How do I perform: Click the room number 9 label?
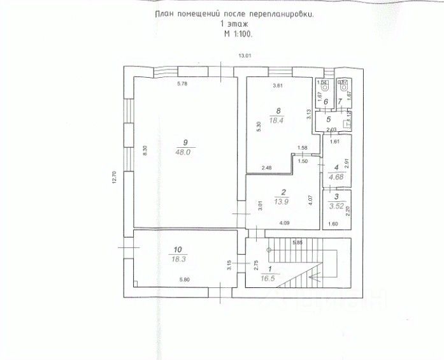pos(185,142)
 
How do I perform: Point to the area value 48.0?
pos(185,152)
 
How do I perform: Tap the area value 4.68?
pos(336,178)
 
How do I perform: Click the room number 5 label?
pos(328,119)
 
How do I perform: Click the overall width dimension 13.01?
pos(245,57)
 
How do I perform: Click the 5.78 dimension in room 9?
pos(182,85)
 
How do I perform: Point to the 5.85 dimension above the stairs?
pos(297,243)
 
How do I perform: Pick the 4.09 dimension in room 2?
pos(285,222)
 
